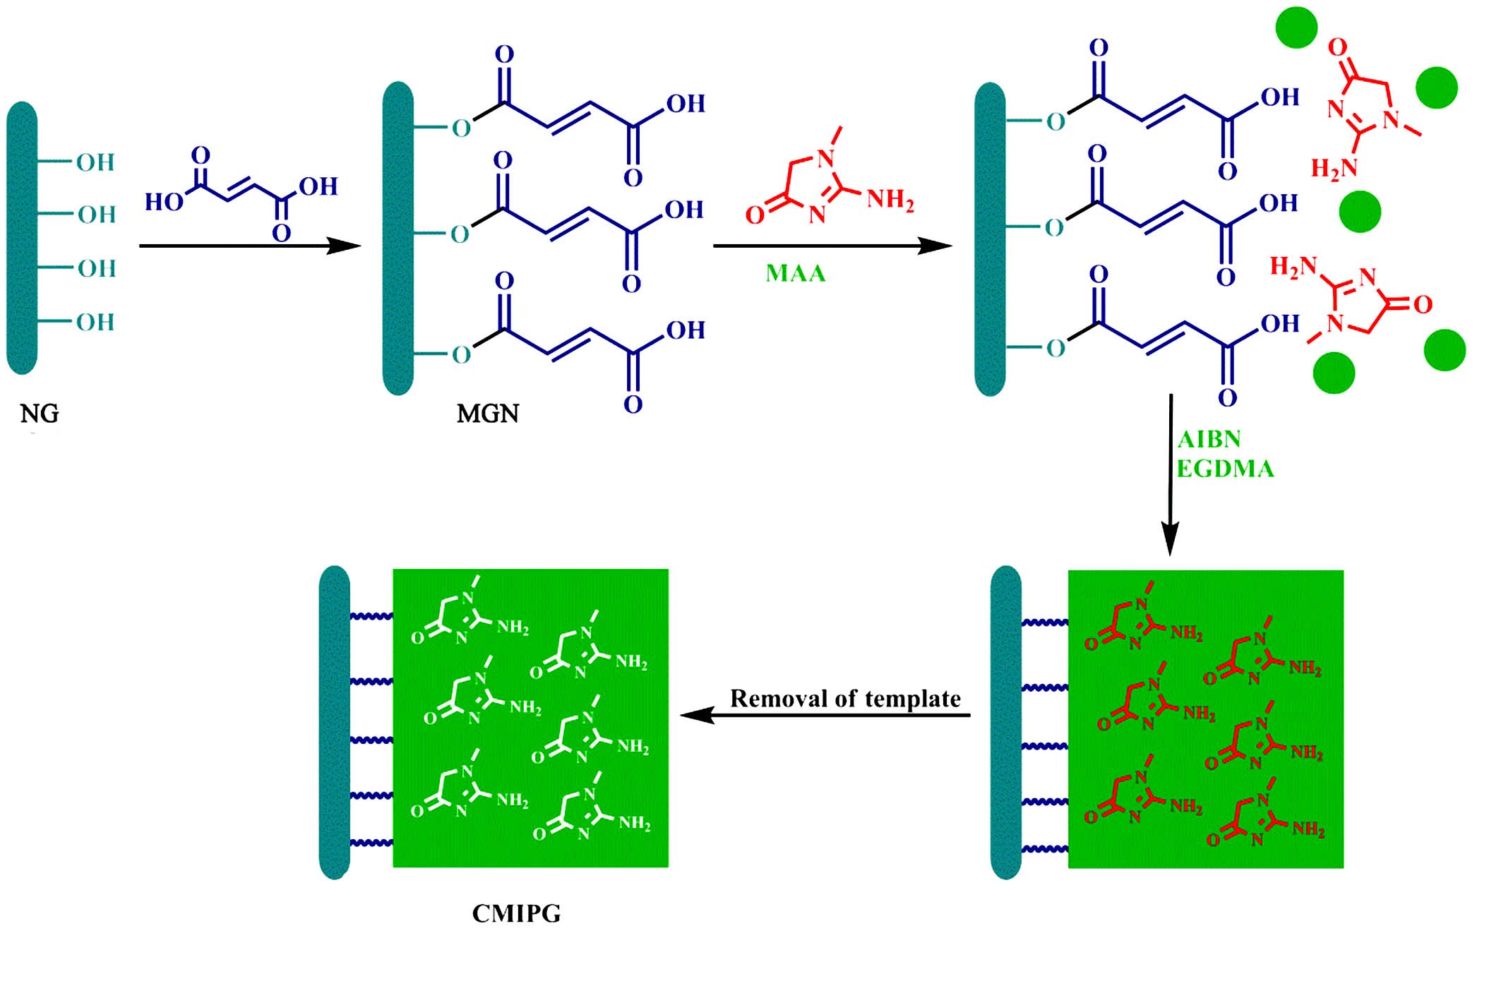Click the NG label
[40, 414]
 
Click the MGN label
[487, 414]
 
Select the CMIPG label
[516, 913]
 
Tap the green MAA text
[796, 273]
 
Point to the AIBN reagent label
[1209, 439]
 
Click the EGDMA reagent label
[1225, 469]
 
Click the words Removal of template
[845, 699]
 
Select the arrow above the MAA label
[833, 246]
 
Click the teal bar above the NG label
[22, 238]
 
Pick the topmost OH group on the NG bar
[95, 162]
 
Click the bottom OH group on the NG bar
[95, 322]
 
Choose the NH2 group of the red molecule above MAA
[890, 200]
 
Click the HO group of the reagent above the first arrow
[163, 202]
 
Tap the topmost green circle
[1296, 28]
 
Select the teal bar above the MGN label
[398, 238]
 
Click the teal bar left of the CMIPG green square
[335, 722]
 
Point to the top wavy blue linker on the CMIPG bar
[371, 616]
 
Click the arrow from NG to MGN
[250, 246]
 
